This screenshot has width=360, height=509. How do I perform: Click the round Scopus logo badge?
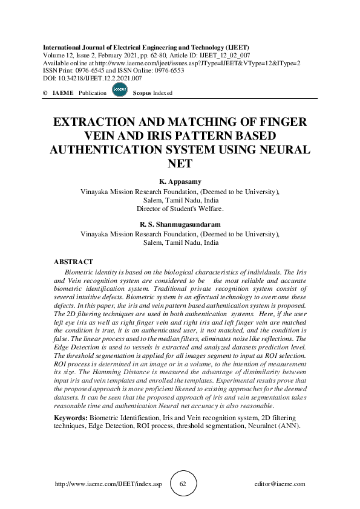(x=120, y=91)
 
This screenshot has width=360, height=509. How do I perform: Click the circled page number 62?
(x=183, y=484)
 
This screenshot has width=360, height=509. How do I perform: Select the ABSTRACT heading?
(x=73, y=262)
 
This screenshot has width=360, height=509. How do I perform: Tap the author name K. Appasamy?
(x=180, y=181)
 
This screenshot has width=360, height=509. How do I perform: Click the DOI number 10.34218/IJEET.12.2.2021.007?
(x=101, y=78)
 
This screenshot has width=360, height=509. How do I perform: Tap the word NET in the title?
(x=180, y=163)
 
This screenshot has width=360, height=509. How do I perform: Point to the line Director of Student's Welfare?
(x=180, y=209)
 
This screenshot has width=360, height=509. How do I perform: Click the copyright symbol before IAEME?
(x=45, y=93)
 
